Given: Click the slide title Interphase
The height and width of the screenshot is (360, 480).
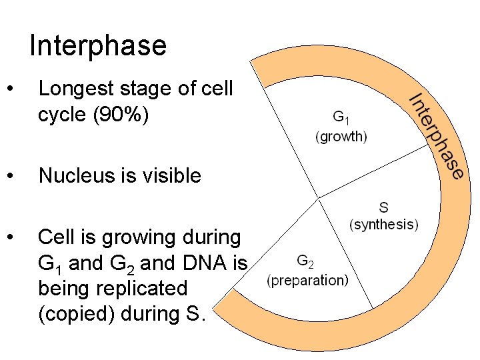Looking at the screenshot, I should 98,46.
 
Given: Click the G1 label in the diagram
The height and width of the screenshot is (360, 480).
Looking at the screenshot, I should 341,119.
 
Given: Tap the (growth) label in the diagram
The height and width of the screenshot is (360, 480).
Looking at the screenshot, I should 341,137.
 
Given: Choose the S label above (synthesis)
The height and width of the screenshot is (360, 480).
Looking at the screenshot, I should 384,207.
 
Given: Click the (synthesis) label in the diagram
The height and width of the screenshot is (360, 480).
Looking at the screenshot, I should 384,224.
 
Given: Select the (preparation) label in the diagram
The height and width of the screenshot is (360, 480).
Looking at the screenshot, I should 307,280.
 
